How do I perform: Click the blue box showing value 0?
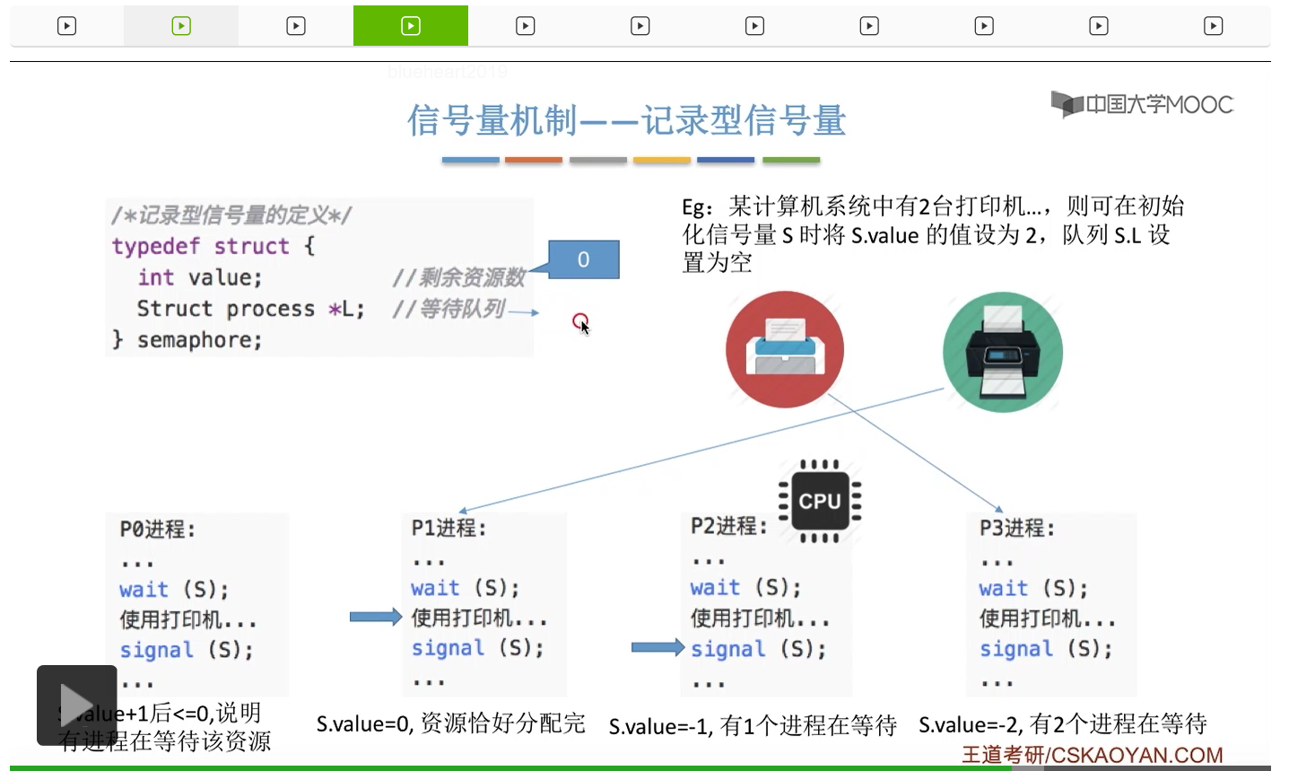583,259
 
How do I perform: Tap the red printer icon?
784,349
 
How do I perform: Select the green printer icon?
1002,352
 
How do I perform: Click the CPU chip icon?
819,501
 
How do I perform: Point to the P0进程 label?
157,530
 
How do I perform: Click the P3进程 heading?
1016,528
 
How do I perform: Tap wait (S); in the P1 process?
465,588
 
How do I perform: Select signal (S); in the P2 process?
758,649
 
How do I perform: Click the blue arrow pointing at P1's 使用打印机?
375,617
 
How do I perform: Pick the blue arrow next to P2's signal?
658,647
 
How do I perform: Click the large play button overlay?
76,705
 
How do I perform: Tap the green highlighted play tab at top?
410,26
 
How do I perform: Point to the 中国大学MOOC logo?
1142,105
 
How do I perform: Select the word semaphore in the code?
198,340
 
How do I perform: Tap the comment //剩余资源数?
458,277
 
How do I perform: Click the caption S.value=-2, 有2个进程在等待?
1062,724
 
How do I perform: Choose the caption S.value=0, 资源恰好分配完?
450,723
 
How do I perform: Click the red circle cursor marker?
579,320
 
